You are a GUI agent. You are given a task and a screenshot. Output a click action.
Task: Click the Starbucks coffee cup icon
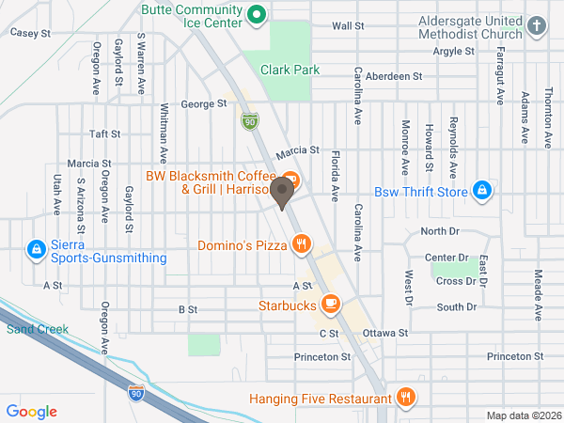tap(330, 304)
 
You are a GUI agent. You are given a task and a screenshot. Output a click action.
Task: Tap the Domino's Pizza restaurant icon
tap(301, 245)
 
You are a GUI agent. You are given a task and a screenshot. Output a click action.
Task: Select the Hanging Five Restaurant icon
tap(406, 397)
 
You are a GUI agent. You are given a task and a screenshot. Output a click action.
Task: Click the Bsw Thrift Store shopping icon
tap(482, 191)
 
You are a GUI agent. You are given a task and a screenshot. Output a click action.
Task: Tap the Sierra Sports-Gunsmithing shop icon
tap(36, 249)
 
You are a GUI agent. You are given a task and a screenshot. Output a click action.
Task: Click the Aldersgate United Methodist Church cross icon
tap(536, 26)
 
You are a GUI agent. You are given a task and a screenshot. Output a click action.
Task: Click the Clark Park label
tap(290, 70)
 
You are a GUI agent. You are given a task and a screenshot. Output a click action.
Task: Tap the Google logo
tap(32, 411)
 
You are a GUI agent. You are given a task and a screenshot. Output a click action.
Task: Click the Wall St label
tap(348, 26)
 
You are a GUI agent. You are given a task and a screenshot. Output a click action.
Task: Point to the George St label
tap(204, 104)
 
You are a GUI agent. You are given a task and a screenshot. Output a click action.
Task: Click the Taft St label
tap(100, 133)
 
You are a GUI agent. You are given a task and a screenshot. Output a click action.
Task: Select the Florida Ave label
tap(335, 176)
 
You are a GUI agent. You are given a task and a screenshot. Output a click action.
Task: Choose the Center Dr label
tap(446, 257)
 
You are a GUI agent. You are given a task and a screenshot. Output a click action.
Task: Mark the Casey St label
tap(29, 32)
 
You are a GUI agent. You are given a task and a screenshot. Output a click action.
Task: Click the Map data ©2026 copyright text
tap(523, 415)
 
